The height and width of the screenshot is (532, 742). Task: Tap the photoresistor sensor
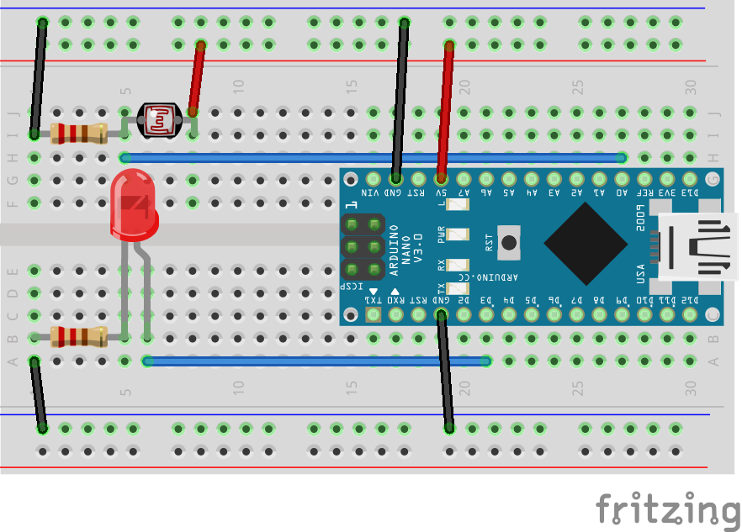click(158, 120)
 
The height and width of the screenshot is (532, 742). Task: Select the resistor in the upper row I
click(79, 133)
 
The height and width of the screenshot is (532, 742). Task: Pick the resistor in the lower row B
click(79, 337)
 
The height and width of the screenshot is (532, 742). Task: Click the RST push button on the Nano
click(508, 243)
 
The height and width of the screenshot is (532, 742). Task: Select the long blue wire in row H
click(370, 157)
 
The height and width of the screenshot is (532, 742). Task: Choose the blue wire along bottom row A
click(315, 361)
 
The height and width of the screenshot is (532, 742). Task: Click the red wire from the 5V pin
click(445, 109)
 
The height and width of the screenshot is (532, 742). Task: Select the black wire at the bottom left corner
click(39, 394)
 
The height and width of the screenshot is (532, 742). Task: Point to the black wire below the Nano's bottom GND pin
click(445, 370)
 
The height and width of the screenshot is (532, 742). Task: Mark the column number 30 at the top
click(691, 86)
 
